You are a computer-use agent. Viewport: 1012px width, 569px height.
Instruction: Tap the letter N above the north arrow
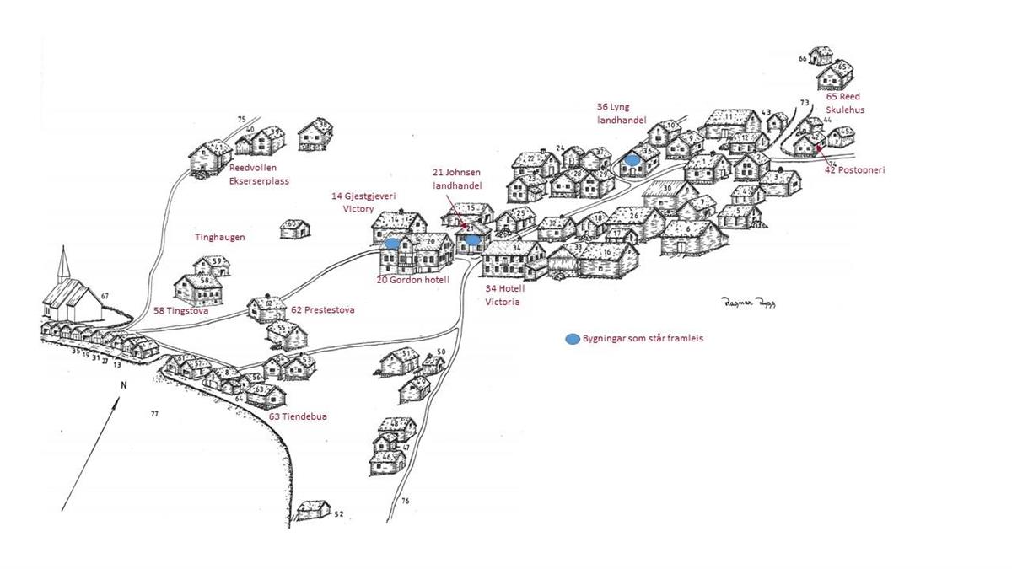(123, 385)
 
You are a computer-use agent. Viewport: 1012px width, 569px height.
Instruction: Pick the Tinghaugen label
(219, 238)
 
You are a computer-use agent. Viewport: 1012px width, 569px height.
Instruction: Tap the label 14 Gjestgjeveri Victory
(364, 202)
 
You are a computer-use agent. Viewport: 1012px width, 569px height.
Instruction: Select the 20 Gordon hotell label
(413, 279)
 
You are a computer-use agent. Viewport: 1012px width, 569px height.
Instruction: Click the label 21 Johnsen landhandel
(456, 179)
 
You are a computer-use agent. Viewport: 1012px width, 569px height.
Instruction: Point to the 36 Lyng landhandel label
(621, 114)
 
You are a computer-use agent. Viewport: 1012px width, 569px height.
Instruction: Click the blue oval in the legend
(573, 339)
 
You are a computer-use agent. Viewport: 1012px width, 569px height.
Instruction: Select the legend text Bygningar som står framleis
(643, 339)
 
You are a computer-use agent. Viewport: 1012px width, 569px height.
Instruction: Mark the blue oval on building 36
(632, 159)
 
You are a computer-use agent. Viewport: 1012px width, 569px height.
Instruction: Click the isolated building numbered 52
(314, 509)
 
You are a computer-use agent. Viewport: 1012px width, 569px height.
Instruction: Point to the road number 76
(405, 502)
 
